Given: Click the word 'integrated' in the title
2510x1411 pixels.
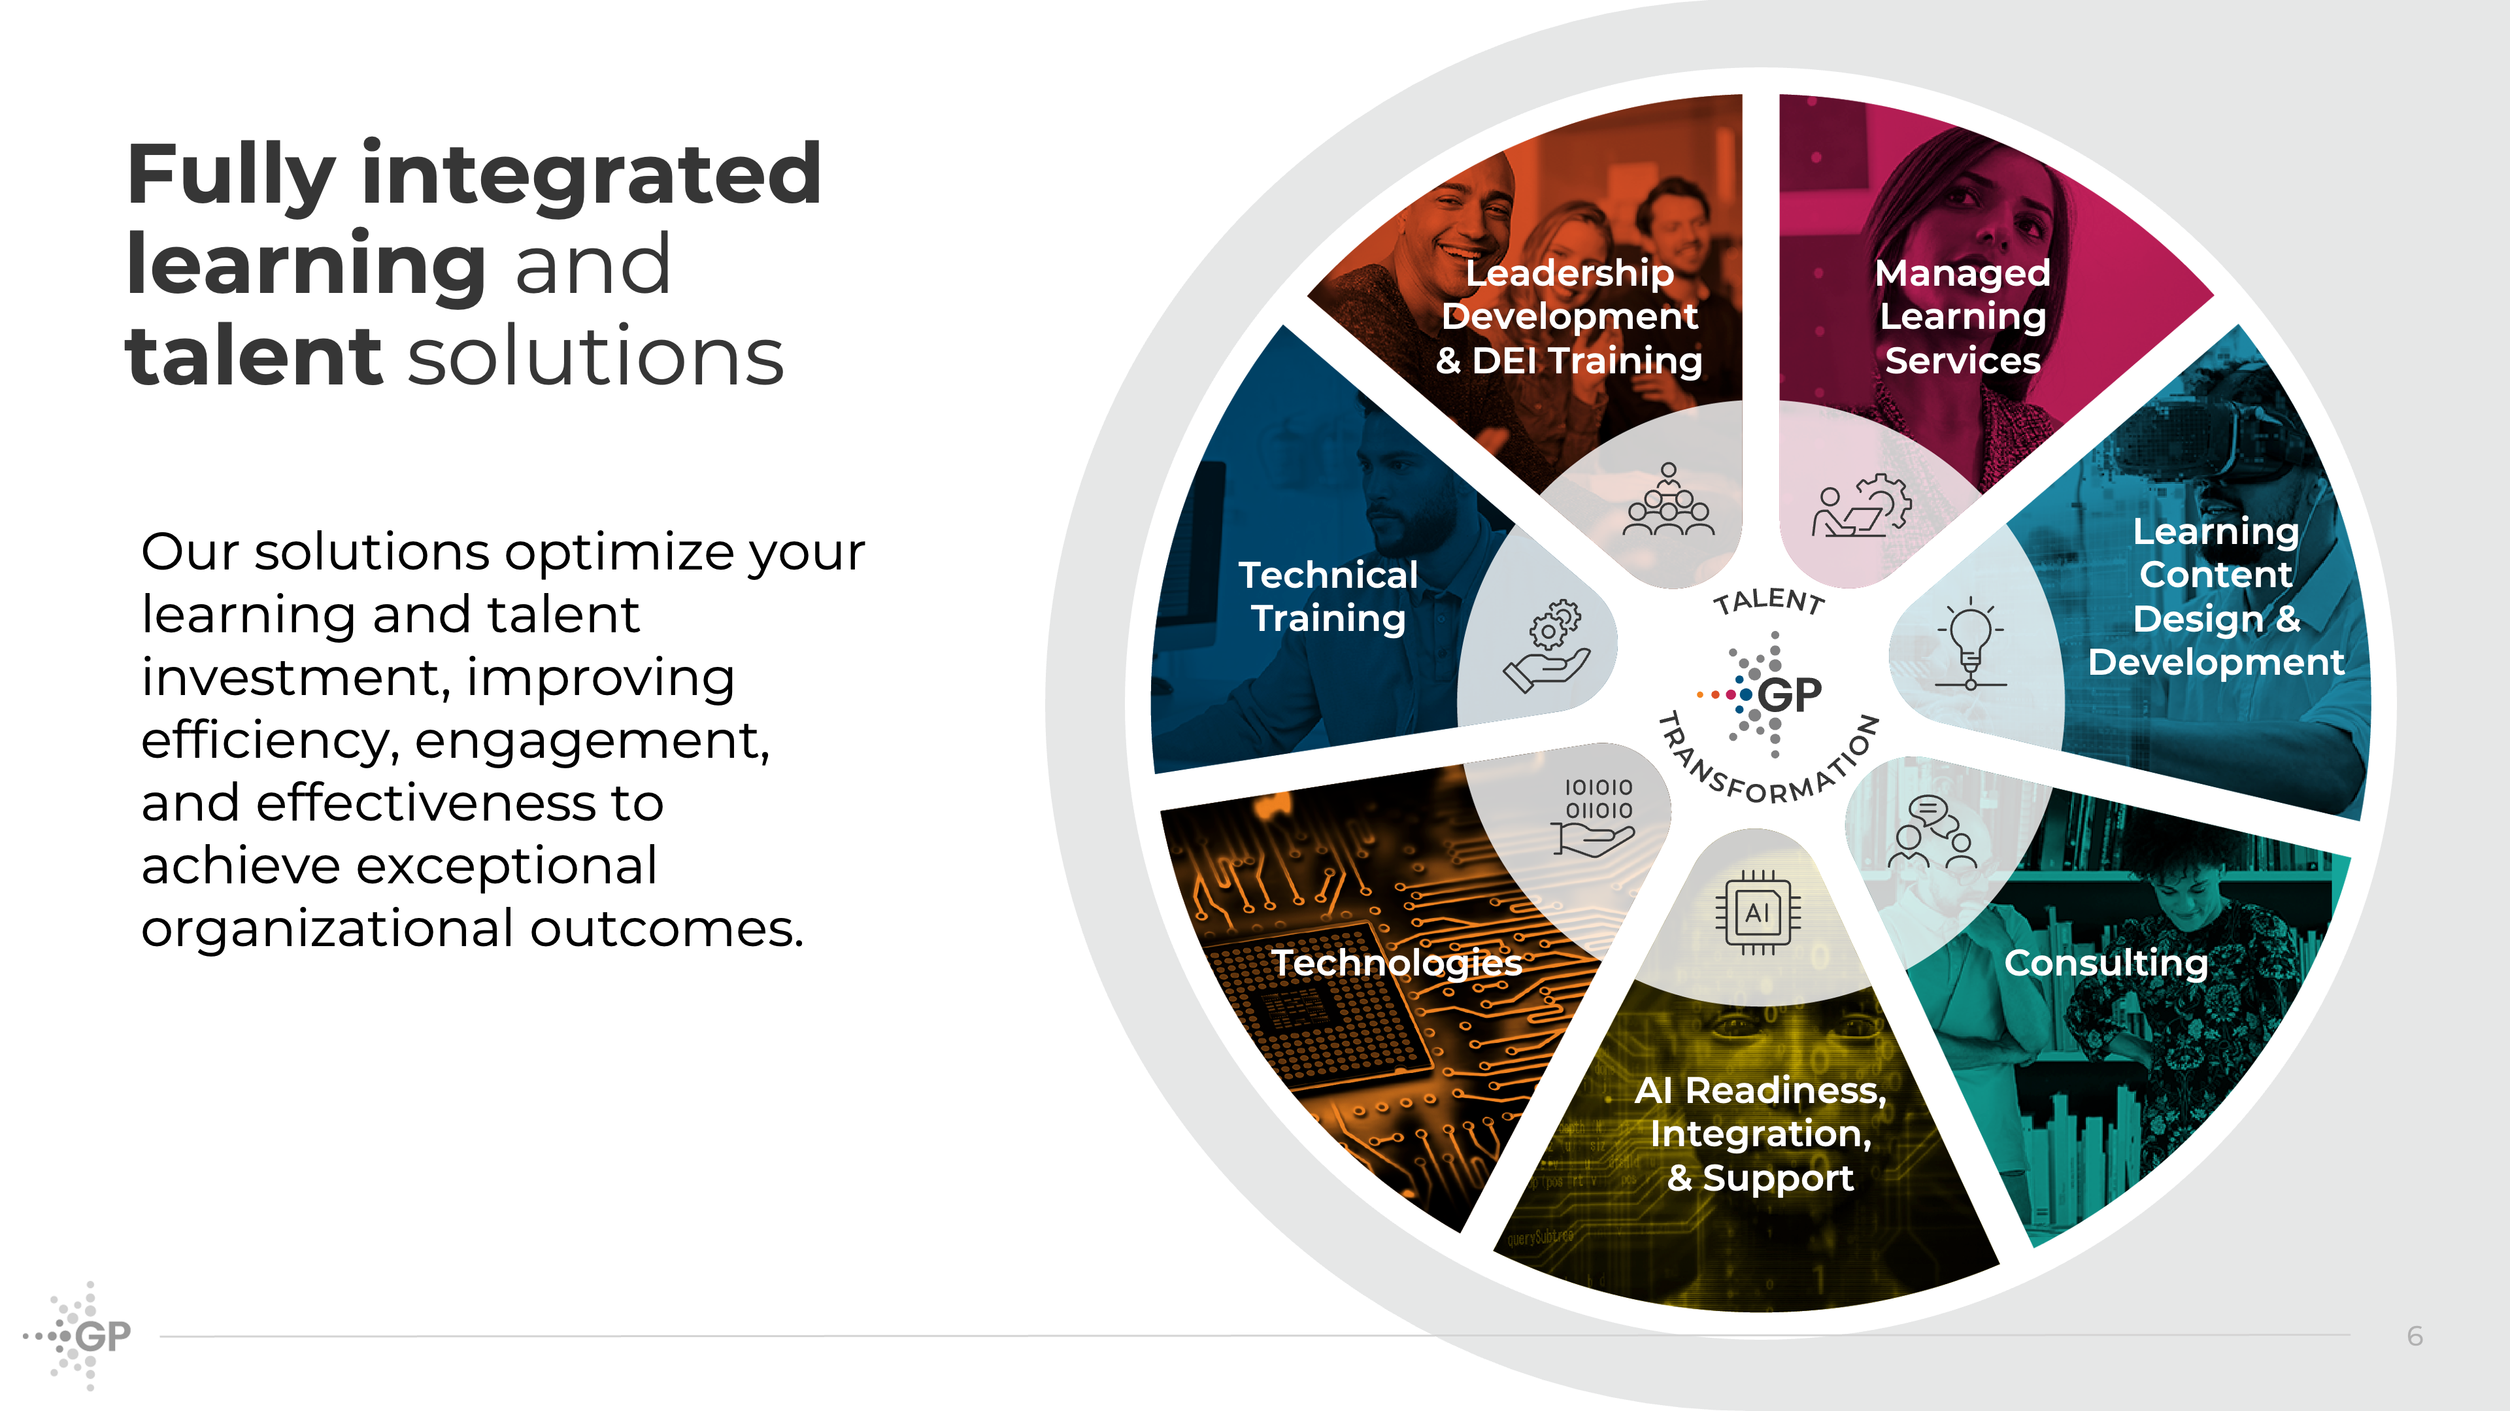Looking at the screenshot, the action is pos(592,175).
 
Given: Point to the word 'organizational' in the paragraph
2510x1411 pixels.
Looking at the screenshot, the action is pos(326,928).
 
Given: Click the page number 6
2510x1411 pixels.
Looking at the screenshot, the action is pos(2415,1336).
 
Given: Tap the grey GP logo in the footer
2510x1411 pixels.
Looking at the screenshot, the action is pos(78,1335).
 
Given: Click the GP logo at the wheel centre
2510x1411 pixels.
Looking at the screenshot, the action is pos(1760,694).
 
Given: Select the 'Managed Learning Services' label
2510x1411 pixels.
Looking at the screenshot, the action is pos(1962,316).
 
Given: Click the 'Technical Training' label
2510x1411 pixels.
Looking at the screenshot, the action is pos(1328,596).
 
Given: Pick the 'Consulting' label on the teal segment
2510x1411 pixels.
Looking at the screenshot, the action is pos(2105,962).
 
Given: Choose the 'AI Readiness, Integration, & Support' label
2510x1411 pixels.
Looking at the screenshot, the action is pos(1760,1134).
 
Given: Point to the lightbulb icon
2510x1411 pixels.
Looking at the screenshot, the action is pos(1970,644).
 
